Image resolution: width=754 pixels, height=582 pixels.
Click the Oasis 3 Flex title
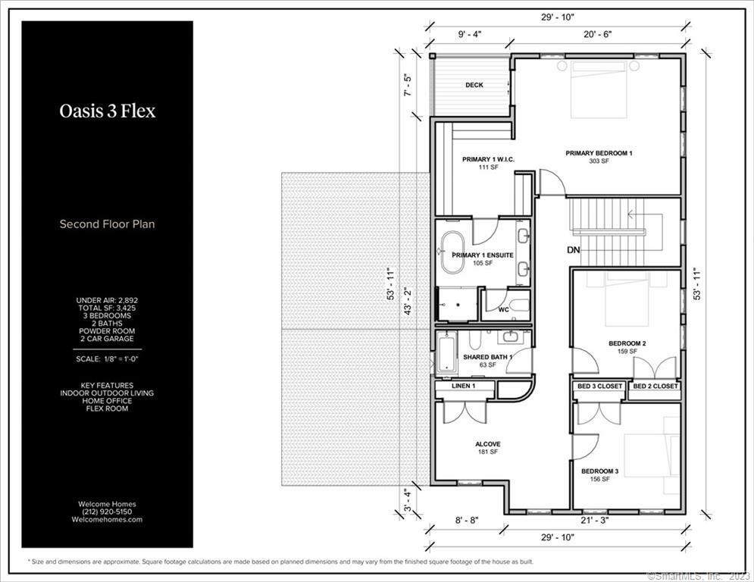[x=108, y=111]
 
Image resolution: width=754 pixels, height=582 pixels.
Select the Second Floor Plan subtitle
[x=108, y=224]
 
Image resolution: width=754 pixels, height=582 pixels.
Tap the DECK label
[x=474, y=85]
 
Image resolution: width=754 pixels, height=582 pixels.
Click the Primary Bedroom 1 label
[x=599, y=153]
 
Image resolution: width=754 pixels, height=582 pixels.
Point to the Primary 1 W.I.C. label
[x=488, y=159]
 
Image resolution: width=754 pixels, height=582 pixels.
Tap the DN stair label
[x=574, y=250]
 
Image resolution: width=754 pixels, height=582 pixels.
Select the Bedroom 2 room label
[x=627, y=343]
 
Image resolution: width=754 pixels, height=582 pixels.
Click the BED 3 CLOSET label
[x=599, y=386]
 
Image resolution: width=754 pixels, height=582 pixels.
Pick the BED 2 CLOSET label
[x=655, y=386]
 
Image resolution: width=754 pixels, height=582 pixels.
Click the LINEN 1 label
[x=464, y=386]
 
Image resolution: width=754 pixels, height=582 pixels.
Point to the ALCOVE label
[x=487, y=444]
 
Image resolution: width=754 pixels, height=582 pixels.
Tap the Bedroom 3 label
[x=599, y=471]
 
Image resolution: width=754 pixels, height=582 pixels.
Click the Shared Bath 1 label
[x=487, y=357]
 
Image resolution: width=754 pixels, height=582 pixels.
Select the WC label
[x=503, y=310]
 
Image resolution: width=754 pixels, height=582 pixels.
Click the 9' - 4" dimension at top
[x=469, y=34]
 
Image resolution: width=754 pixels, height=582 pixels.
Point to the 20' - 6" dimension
[x=598, y=34]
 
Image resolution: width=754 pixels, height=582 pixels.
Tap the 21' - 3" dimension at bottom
[x=595, y=520]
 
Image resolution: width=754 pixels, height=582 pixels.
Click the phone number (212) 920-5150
[x=108, y=512]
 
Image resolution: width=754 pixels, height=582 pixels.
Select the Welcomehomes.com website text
[x=108, y=519]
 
